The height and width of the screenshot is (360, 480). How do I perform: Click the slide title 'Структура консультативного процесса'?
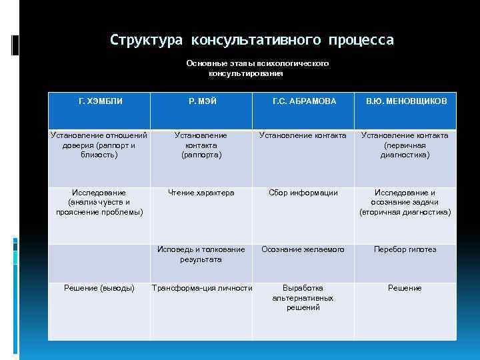(252, 40)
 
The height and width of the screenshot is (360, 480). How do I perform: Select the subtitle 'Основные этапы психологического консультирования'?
(257, 68)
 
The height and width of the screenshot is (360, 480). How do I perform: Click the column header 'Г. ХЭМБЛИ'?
(100, 101)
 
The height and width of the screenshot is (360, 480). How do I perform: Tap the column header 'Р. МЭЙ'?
(201, 101)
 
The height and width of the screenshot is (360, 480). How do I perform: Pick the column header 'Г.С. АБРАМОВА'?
(303, 101)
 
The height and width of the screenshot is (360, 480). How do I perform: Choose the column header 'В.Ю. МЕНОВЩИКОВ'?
(405, 101)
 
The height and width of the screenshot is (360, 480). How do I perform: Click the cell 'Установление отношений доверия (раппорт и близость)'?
(99, 145)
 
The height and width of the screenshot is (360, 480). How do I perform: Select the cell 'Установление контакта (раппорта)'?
(201, 145)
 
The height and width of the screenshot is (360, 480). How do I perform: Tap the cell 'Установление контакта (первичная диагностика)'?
(405, 145)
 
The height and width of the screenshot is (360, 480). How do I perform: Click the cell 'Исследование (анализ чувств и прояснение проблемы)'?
(99, 202)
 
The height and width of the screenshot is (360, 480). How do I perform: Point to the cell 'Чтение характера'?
(201, 193)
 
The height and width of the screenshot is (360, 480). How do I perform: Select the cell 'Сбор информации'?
(303, 193)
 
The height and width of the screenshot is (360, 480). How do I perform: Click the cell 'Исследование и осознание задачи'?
(405, 197)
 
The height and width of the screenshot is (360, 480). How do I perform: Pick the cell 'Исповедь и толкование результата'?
(201, 254)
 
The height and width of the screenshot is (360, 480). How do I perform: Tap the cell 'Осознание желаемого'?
(303, 249)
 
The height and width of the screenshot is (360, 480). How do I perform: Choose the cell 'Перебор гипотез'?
(405, 249)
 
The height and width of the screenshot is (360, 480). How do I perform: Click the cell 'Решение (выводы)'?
(99, 288)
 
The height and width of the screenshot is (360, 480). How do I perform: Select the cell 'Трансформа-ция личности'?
(202, 288)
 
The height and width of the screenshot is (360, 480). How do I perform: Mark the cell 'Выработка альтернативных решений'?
(303, 297)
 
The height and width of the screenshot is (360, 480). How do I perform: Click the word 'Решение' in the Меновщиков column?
(405, 288)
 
